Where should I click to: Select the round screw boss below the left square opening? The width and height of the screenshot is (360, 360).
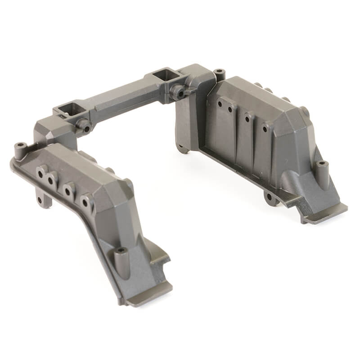pyautogui.click(x=84, y=126)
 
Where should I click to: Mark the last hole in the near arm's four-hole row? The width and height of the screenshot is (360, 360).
pyautogui.click(x=85, y=202)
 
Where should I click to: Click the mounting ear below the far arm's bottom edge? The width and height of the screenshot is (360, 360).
pyautogui.click(x=270, y=197)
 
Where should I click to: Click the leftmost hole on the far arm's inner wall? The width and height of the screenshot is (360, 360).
pyautogui.click(x=220, y=103)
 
